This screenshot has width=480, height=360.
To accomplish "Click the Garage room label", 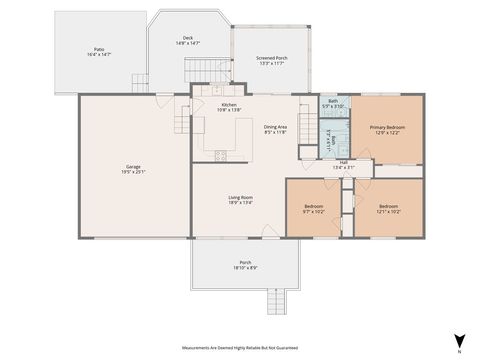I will pyautogui.click(x=133, y=166).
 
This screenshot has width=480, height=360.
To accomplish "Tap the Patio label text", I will pyautogui.click(x=98, y=49).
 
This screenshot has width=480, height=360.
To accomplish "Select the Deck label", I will pyautogui.click(x=188, y=38).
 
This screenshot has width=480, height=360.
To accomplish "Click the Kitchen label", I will pyautogui.click(x=229, y=104).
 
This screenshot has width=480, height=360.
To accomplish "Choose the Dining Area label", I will pyautogui.click(x=275, y=127).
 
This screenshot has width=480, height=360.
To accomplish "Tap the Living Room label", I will pyautogui.click(x=240, y=198).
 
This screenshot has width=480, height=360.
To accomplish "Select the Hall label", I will pyautogui.click(x=342, y=163).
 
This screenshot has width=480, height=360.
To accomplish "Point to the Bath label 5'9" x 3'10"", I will pyautogui.click(x=332, y=102).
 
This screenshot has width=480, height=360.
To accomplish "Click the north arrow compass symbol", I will pyautogui.click(x=458, y=340).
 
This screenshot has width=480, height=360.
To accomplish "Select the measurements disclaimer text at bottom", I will pyautogui.click(x=239, y=348).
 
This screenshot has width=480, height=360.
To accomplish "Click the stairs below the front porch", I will pyautogui.click(x=276, y=299).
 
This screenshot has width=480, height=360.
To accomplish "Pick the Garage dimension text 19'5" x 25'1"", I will pyautogui.click(x=133, y=172).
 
